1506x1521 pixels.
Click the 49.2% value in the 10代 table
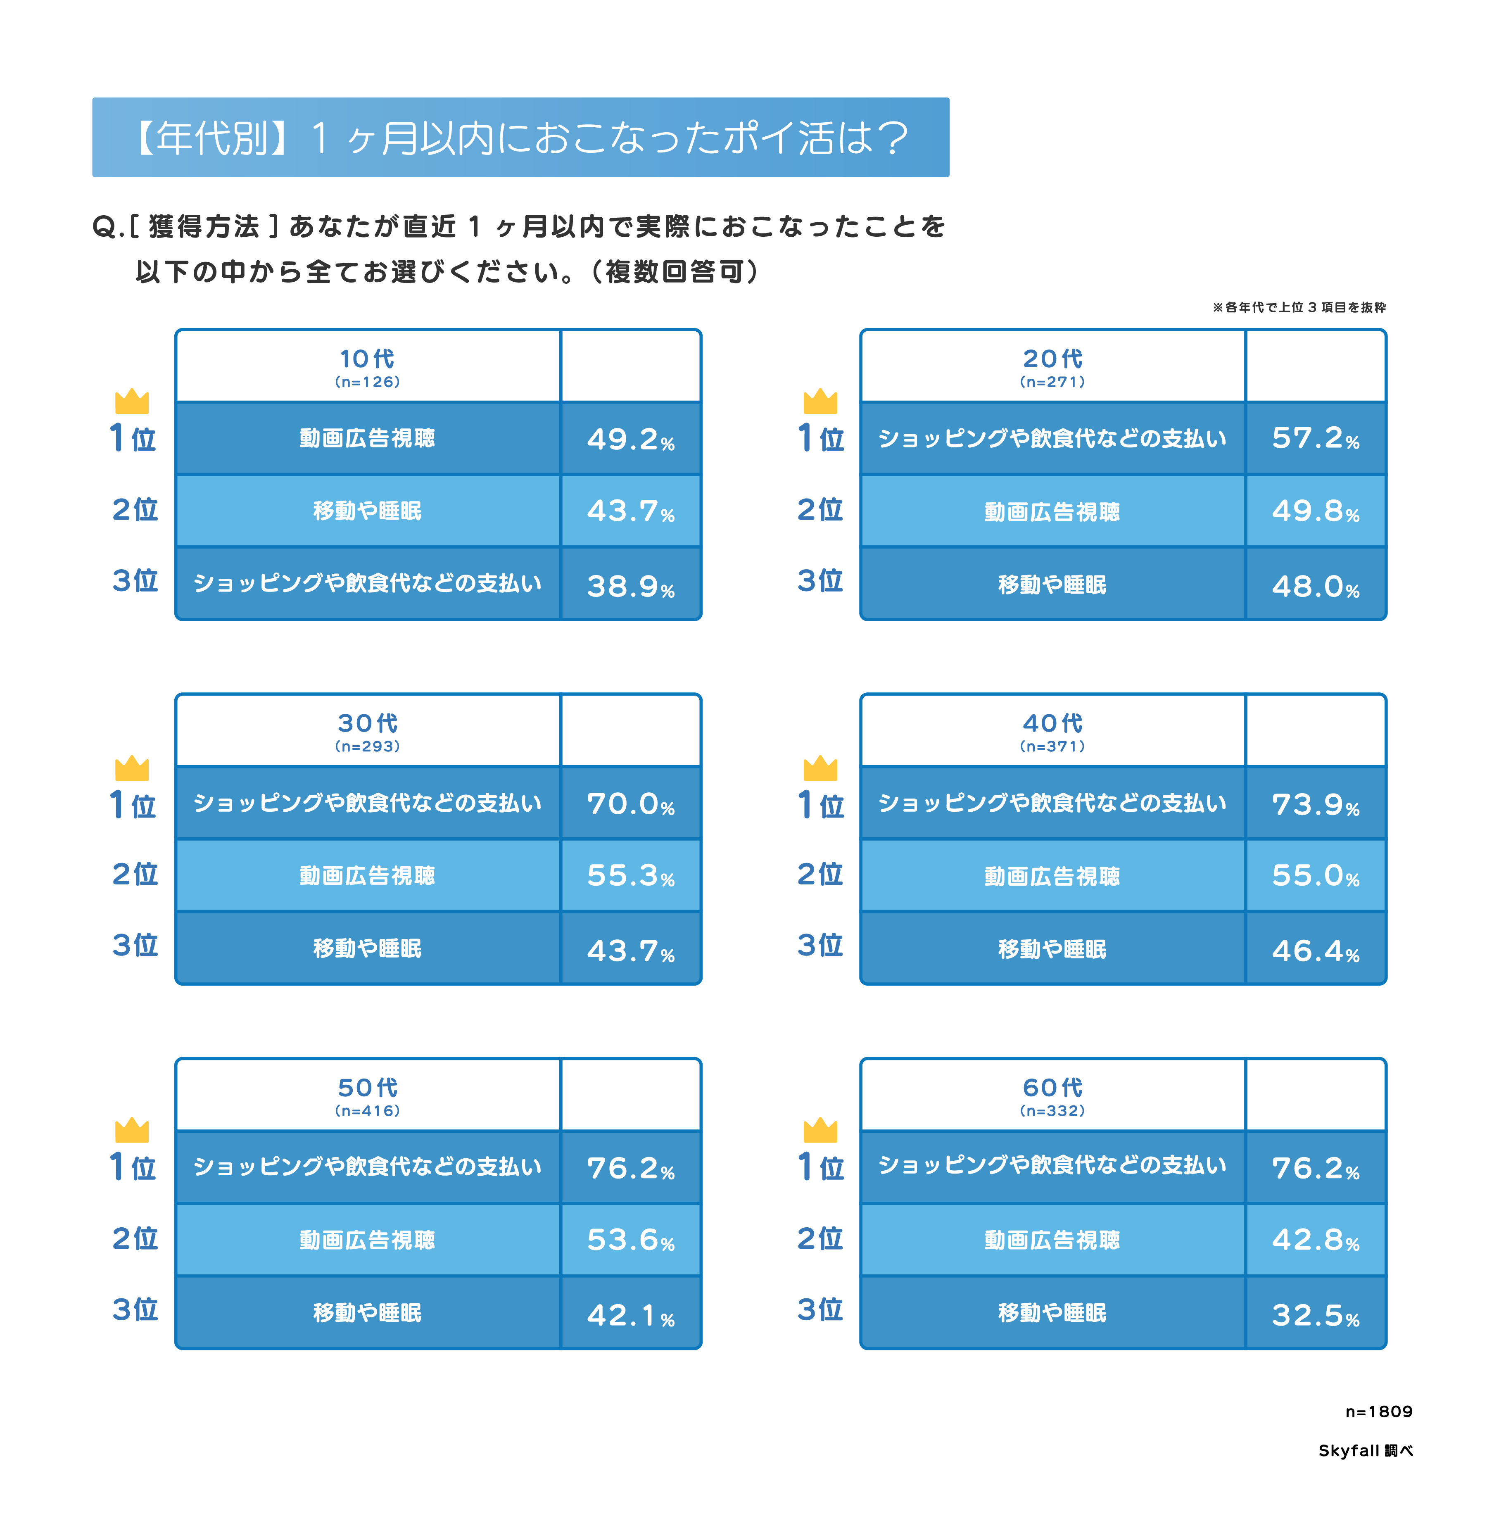coord(630,439)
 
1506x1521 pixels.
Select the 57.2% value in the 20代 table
coord(1315,439)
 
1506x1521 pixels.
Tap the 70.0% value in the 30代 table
coord(630,804)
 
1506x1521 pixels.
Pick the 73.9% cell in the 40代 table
coord(1315,804)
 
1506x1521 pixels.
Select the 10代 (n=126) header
coord(367,367)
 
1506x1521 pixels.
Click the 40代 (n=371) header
coord(1052,731)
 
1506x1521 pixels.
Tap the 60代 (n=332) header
coord(1052,1096)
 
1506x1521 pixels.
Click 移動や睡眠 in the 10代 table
coord(367,511)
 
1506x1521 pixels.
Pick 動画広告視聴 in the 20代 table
coord(1052,512)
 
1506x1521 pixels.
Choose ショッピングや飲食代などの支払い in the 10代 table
coord(367,583)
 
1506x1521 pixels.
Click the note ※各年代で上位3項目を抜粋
coord(1299,307)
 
